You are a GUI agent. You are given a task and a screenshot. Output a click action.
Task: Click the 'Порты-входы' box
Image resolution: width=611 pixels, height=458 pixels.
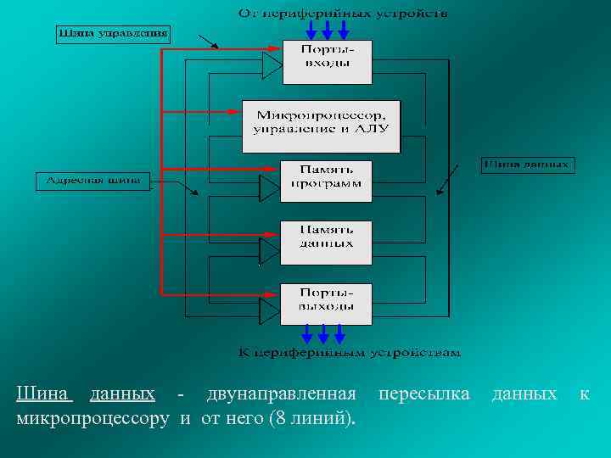pos(327,62)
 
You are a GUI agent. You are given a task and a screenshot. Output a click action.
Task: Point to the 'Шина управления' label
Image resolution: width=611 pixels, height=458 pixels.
pos(113,35)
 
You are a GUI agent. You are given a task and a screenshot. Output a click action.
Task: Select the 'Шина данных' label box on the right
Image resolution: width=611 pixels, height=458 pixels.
pos(527,165)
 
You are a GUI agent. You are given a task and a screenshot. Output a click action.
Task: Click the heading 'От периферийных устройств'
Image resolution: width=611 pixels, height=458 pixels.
pos(343,13)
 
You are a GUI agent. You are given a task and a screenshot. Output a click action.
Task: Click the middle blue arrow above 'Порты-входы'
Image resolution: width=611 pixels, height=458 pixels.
pos(327,30)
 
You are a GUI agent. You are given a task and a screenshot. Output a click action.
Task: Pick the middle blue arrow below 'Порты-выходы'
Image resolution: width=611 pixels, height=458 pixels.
pos(322,333)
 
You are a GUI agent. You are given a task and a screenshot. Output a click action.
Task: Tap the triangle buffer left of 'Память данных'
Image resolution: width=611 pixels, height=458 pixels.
pos(268,250)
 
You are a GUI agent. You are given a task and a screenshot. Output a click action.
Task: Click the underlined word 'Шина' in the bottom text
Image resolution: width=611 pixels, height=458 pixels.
pos(45,394)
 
